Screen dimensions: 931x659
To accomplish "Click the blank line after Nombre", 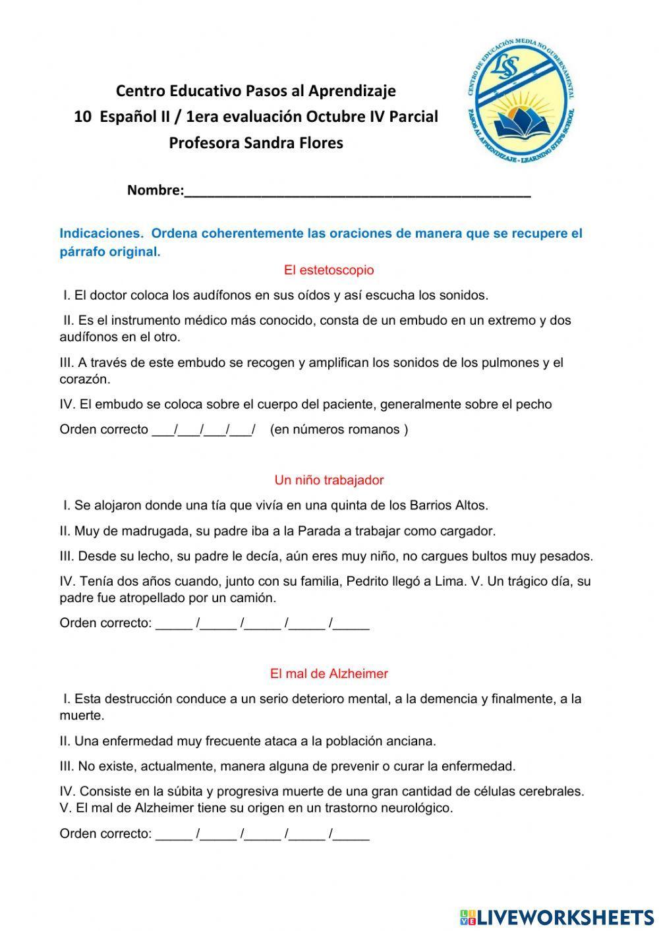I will click(x=357, y=192).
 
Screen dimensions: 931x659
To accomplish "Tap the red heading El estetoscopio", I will click(x=329, y=270).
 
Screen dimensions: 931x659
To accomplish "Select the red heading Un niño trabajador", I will click(x=329, y=480).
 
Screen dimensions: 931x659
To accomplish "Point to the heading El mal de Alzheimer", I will click(x=329, y=674).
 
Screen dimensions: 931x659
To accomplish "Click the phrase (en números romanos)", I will click(x=339, y=430).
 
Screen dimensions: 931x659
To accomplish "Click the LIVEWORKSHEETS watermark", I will click(x=557, y=917).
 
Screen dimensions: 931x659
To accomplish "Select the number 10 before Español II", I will click(x=82, y=117).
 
